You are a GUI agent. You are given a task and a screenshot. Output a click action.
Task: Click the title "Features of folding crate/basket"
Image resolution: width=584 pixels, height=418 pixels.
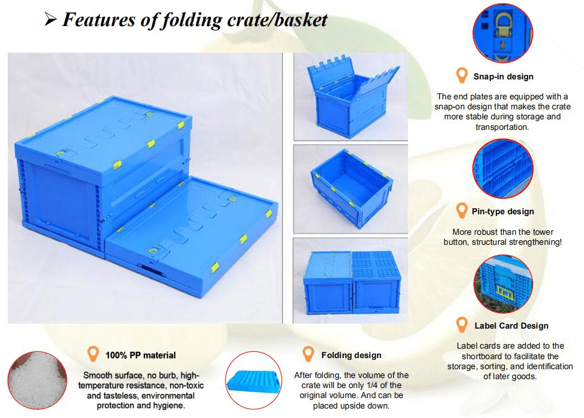194,20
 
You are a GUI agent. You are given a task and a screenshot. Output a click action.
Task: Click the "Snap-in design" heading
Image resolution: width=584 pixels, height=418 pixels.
503,77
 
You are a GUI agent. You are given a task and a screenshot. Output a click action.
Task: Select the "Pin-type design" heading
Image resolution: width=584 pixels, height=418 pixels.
502,211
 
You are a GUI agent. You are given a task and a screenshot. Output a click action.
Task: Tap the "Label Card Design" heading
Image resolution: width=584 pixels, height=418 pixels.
511,326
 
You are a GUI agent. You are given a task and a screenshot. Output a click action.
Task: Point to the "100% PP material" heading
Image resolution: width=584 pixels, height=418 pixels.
140,355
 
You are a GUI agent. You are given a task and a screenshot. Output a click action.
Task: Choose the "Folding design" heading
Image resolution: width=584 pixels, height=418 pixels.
351,355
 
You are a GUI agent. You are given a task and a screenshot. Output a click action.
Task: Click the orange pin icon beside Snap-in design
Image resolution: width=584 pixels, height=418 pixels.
461,75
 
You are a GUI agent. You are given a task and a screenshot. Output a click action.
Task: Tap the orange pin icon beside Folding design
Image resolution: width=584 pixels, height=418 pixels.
308,354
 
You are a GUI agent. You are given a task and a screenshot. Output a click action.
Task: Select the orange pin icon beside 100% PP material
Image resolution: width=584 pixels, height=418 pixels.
93,354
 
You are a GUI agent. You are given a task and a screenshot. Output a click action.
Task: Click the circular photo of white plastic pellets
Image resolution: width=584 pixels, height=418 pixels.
37,380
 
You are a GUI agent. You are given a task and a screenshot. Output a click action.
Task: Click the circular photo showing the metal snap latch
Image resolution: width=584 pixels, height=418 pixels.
502,33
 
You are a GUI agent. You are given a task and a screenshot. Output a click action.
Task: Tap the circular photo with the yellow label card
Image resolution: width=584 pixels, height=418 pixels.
503,284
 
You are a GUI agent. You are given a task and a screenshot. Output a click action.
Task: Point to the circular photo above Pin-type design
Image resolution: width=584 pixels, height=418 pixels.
503,168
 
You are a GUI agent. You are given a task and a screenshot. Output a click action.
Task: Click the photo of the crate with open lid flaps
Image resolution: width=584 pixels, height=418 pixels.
350,97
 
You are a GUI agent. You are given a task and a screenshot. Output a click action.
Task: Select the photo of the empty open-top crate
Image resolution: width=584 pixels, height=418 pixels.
350,189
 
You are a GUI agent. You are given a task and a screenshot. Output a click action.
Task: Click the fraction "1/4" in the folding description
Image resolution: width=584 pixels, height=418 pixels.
383,385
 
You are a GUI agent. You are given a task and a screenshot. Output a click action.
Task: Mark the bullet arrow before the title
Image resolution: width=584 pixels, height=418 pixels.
51,21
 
